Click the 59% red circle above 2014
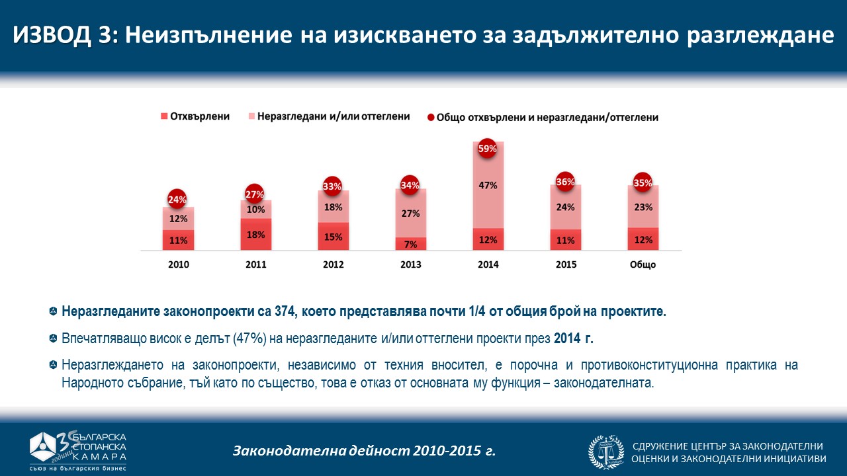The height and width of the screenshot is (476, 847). point(488,149)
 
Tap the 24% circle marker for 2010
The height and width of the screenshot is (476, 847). point(177,199)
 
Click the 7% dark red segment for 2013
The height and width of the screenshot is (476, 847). point(411,244)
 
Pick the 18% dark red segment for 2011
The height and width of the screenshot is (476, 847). point(255,234)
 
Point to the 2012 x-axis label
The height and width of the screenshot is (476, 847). point(334,265)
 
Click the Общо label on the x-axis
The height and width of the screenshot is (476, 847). point(643,265)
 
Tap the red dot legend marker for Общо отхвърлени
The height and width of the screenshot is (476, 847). point(431,117)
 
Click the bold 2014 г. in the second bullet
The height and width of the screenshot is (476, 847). point(574,338)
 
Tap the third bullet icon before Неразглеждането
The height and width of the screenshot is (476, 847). point(53,366)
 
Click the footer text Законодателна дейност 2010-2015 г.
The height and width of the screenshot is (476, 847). point(364,452)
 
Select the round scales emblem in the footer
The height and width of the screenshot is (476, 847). point(606,452)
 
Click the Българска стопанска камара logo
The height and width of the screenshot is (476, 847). point(78,450)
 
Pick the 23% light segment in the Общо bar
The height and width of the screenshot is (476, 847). point(643,206)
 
